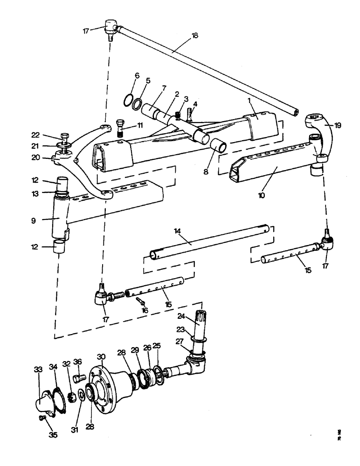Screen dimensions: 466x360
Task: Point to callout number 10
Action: (261, 195)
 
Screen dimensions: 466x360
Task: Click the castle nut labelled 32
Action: (72, 397)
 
